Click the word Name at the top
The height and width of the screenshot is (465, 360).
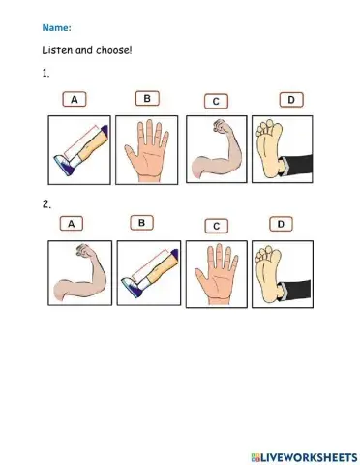54,28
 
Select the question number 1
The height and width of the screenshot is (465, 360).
45,73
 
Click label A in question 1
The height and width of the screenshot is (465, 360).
75,99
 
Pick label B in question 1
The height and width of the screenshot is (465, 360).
146,98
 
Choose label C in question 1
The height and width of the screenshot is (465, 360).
218,101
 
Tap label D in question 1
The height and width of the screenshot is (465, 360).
289,99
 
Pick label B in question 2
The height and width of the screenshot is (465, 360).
141,223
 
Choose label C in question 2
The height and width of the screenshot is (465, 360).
218,226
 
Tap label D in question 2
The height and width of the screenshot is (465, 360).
281,224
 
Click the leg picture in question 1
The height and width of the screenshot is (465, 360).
79,149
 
